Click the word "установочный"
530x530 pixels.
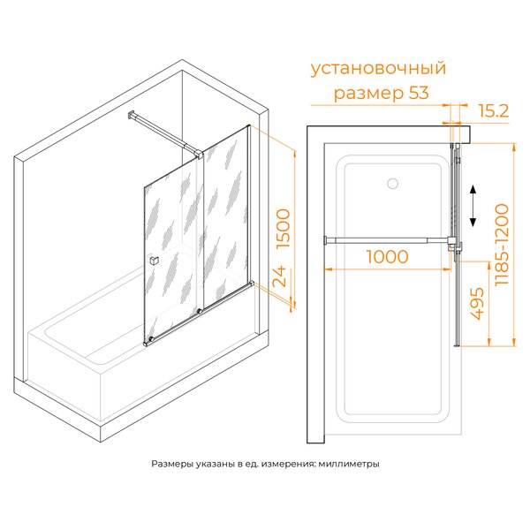(378, 69)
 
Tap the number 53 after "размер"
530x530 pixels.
(419, 93)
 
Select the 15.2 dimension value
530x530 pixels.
(494, 111)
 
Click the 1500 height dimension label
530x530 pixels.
(284, 229)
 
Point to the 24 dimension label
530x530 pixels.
(279, 276)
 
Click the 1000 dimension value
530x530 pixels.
(388, 257)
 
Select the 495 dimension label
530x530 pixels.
(477, 304)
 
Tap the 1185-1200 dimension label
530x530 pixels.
(501, 245)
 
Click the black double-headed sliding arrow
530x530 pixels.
(473, 206)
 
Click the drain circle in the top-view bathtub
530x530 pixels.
(392, 184)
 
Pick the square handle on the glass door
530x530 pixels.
(154, 261)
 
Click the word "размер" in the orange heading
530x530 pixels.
(368, 94)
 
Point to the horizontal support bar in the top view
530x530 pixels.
(387, 240)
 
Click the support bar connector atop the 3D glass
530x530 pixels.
(198, 154)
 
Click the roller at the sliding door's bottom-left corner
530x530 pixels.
(151, 339)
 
